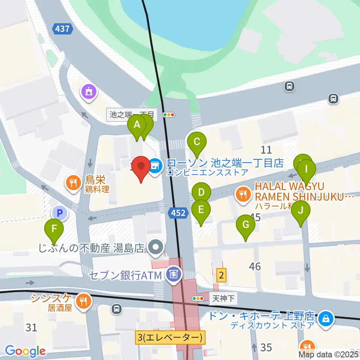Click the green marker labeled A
137,125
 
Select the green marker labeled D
201,193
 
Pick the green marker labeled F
54,228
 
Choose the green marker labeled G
246,225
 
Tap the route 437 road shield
62,29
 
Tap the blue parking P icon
59,213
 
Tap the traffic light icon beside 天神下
198,298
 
